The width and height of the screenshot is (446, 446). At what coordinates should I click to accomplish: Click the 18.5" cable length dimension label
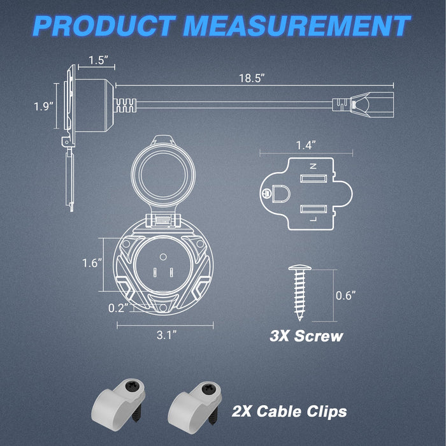pyautogui.click(x=252, y=78)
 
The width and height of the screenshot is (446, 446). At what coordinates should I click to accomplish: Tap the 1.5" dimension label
pyautogui.click(x=98, y=61)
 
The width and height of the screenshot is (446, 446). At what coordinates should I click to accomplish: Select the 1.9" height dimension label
pyautogui.click(x=43, y=106)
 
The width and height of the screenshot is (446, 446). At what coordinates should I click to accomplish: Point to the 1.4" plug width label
pyautogui.click(x=306, y=145)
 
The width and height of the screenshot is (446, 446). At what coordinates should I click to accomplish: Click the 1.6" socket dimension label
pyautogui.click(x=92, y=263)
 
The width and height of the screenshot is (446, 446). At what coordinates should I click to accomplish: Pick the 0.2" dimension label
pyautogui.click(x=119, y=308)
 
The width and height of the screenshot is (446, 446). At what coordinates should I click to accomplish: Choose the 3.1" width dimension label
pyautogui.click(x=167, y=334)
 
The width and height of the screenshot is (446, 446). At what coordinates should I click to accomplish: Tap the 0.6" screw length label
pyautogui.click(x=345, y=296)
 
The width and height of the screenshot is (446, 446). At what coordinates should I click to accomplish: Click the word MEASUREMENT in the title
pyautogui.click(x=297, y=25)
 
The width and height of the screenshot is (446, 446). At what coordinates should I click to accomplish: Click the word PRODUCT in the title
pyautogui.click(x=104, y=25)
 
